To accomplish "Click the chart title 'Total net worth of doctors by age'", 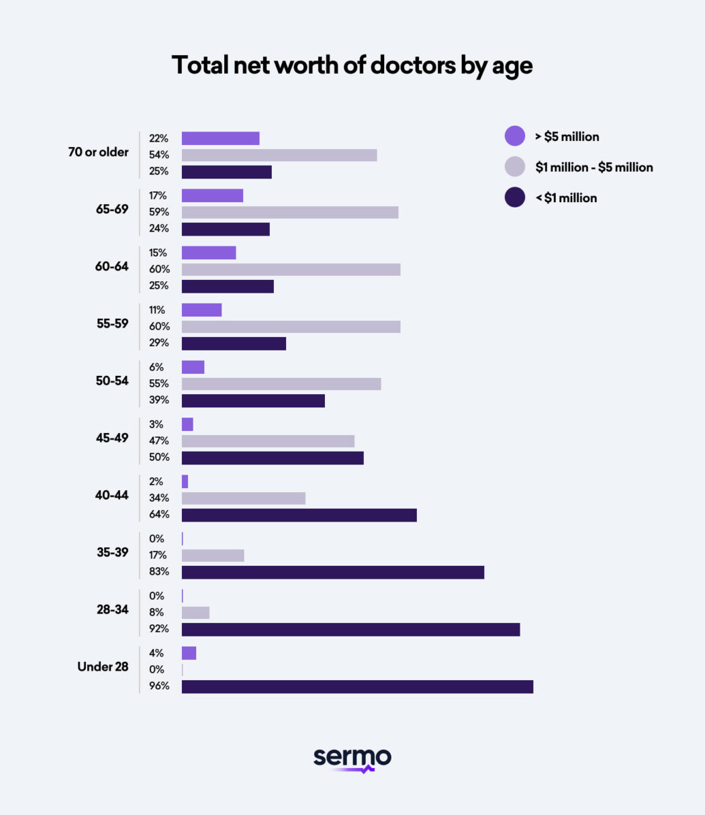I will point(352,66).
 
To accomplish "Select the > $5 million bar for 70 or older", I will point(220,138).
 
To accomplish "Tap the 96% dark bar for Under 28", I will point(357,687).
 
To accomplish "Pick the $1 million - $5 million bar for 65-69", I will point(290,212).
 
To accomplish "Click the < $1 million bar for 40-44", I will point(299,515).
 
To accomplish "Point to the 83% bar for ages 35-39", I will point(332,572).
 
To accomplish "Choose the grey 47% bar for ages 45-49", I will point(268,441).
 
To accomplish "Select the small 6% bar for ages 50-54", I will point(193,367).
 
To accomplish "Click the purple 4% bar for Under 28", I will point(189,653).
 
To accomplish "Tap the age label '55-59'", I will point(112,324).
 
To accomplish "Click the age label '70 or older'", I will point(98,152).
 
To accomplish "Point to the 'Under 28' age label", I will point(103,667).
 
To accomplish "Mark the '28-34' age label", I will point(112,610).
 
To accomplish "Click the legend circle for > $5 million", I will point(515,136).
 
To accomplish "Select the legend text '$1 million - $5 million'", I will point(594,167).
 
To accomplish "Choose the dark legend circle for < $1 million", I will point(515,197).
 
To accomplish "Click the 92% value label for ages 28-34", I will point(159,629).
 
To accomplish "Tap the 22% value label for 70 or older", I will point(159,138).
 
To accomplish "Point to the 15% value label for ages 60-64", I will point(158,253).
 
